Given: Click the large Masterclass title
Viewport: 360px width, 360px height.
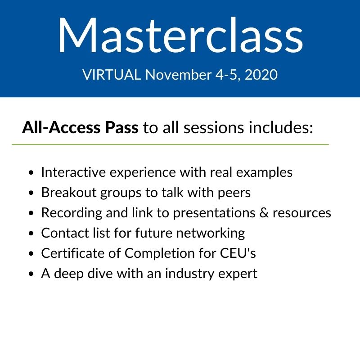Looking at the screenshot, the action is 180,35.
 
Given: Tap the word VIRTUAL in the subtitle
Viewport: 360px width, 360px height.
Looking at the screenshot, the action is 112,75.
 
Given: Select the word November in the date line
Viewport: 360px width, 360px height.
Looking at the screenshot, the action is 178,75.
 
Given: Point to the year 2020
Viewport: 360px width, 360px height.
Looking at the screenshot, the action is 261,75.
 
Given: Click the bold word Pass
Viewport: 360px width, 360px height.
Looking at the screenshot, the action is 121,127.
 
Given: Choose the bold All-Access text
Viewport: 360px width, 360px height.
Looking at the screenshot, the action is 61,127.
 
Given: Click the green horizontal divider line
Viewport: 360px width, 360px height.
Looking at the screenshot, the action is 170,144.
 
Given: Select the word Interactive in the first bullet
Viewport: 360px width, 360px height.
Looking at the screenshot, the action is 73,172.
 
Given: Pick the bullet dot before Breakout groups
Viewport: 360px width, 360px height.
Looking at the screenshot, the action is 31,193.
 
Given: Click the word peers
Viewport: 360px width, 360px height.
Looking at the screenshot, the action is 234,193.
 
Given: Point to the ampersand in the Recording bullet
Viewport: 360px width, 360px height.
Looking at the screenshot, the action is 264,212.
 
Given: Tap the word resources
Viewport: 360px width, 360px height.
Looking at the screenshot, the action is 302,213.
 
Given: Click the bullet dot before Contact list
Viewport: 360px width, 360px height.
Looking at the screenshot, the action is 31,233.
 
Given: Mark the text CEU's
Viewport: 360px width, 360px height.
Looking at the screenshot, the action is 238,253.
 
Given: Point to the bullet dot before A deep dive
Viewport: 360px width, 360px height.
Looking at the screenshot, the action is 31,274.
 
